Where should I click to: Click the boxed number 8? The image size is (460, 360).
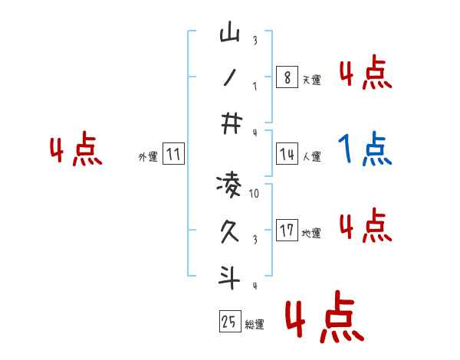coord(287,77)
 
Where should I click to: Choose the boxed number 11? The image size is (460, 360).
coord(173,155)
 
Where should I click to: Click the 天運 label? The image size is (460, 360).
coord(311,80)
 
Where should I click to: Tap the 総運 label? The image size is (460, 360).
coord(255,325)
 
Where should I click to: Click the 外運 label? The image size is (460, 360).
coord(148,158)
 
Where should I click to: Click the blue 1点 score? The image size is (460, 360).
coord(364,149)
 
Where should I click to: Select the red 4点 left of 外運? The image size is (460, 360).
coord(76,152)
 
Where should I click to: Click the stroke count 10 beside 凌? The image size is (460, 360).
coord(255,194)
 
